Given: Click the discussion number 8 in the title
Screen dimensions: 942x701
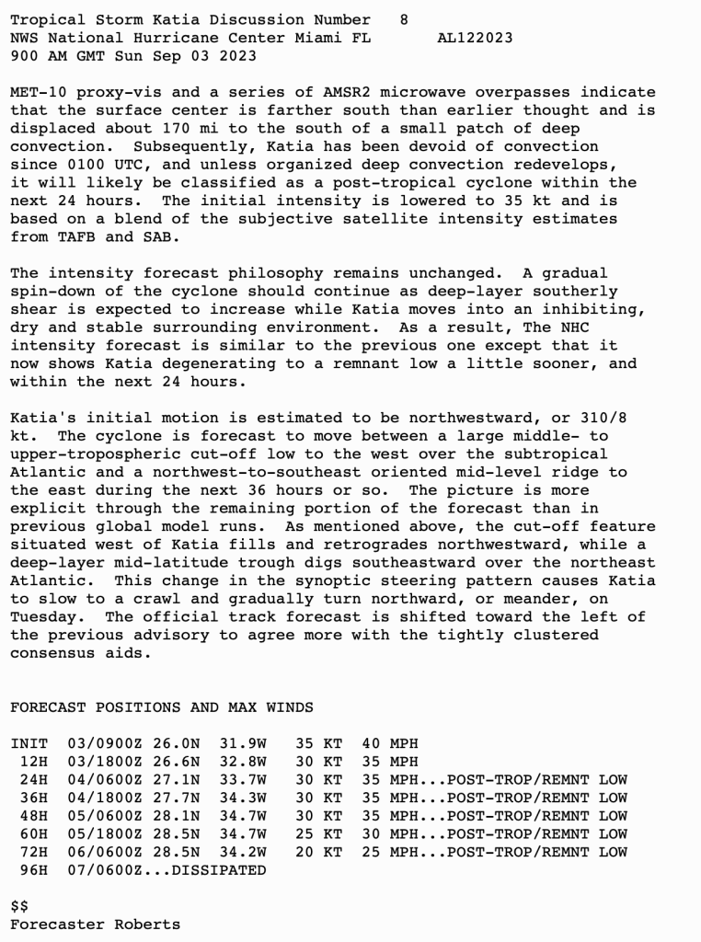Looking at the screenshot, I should click(405, 19).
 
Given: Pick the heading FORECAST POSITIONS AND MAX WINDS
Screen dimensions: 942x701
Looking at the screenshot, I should click(162, 706).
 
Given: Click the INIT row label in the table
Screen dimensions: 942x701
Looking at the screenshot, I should click(29, 743).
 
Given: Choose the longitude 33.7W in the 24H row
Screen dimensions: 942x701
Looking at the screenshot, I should click(243, 779).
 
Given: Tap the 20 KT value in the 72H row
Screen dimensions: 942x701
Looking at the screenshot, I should click(318, 852).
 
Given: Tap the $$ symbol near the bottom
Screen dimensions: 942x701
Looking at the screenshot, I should click(19, 906).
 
